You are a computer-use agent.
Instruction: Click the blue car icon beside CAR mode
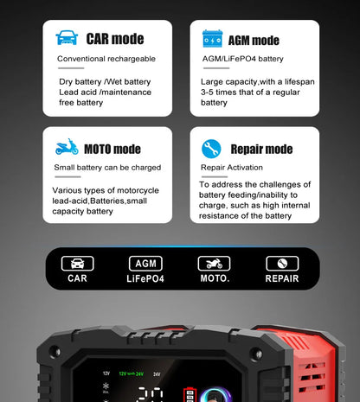(67, 39)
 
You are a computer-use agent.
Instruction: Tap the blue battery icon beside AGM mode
(212, 39)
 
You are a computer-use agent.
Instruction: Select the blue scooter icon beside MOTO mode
(67, 148)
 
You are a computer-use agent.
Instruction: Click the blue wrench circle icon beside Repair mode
(211, 149)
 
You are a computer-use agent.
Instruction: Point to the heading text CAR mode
(115, 39)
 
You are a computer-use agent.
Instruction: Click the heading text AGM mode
(254, 40)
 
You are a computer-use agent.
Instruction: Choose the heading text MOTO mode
(114, 149)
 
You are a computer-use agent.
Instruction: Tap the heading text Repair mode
(261, 149)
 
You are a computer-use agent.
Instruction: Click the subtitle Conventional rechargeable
(106, 59)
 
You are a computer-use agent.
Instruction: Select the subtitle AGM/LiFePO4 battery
(242, 59)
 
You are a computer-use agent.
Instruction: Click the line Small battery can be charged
(107, 168)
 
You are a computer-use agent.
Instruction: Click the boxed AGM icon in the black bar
(145, 263)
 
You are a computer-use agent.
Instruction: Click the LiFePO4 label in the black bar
(145, 279)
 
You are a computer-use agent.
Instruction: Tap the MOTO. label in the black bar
(214, 279)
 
